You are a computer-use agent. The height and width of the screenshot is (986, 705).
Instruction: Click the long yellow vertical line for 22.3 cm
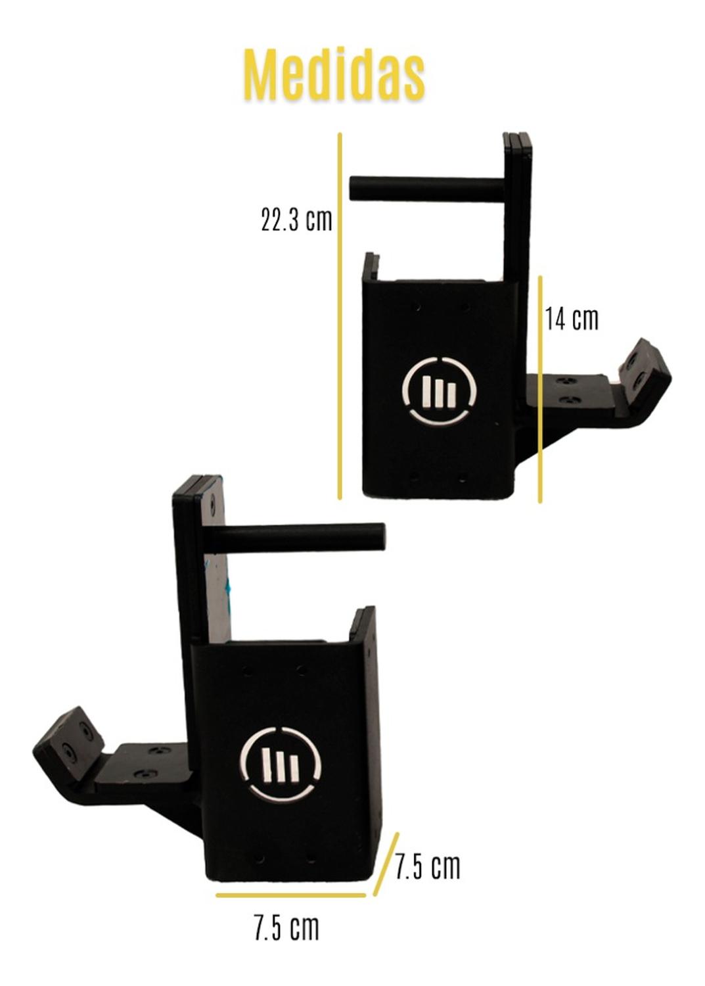pos(340,316)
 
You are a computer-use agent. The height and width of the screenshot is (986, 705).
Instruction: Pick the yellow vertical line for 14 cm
pos(540,389)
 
